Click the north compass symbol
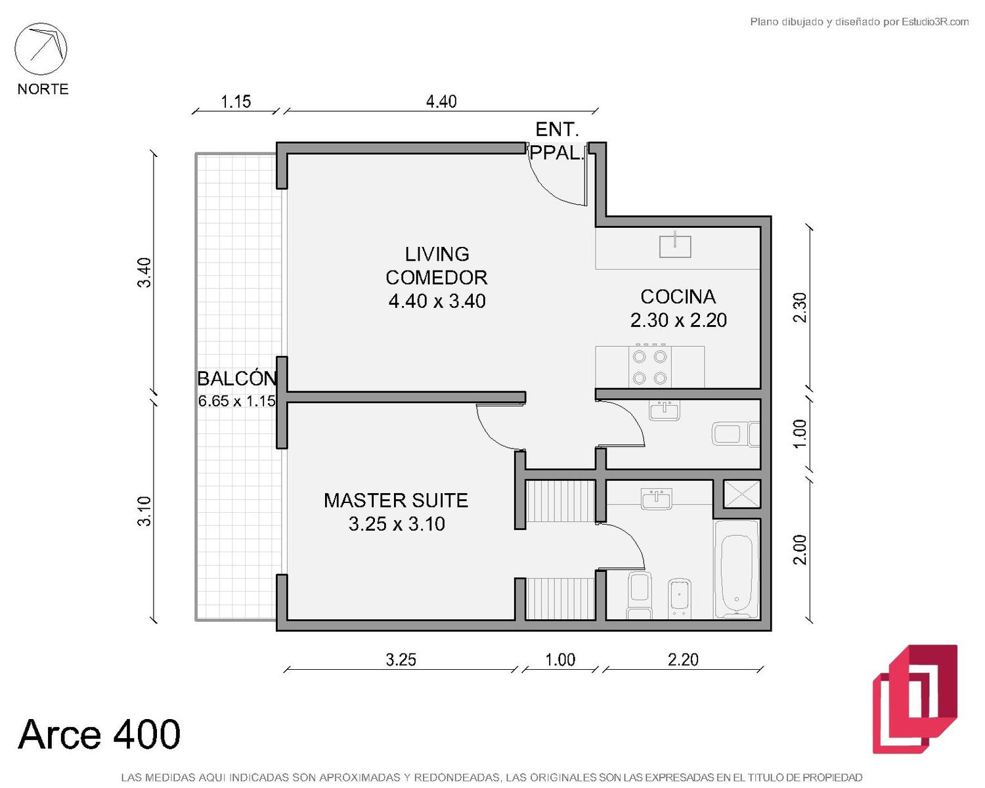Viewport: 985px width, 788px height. [x=41, y=49]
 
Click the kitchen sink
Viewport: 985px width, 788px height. [x=675, y=246]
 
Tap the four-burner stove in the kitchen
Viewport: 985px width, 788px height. [x=649, y=367]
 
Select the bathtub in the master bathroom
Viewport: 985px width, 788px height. [x=737, y=569]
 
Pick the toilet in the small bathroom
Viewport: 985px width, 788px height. [x=735, y=434]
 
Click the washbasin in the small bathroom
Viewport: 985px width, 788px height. [x=664, y=410]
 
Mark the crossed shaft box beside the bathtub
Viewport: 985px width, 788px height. [x=741, y=494]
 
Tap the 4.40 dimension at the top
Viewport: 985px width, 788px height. [x=441, y=102]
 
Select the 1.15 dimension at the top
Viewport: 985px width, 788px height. [x=236, y=102]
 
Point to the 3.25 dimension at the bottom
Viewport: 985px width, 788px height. [x=401, y=660]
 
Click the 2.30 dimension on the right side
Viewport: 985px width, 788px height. [x=800, y=307]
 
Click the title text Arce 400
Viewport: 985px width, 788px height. [x=99, y=734]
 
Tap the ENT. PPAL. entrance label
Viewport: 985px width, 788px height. [x=557, y=141]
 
